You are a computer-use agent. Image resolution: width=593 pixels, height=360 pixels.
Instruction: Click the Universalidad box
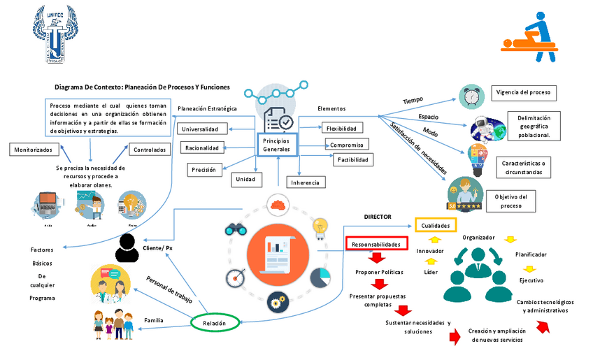point(204,129)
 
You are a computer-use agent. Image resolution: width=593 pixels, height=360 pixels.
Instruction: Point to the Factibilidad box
point(352,160)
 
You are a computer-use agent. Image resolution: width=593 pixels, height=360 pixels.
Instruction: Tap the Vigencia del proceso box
point(522,92)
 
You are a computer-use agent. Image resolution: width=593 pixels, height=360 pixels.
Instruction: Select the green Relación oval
point(214,323)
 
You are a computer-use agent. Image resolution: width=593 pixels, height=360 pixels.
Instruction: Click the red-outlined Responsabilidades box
point(376,244)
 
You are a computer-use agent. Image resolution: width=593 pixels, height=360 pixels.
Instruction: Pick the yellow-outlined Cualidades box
point(436,225)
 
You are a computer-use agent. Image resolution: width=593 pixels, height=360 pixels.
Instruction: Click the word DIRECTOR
point(378,217)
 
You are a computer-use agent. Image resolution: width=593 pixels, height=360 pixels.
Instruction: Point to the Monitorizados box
point(34,150)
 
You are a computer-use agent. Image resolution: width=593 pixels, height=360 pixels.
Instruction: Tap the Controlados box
point(150,150)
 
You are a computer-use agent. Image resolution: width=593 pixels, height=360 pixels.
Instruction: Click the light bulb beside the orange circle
point(320,226)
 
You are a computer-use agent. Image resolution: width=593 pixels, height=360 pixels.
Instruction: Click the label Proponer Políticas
point(378,272)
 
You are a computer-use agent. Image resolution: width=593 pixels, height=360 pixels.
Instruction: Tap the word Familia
point(154,320)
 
